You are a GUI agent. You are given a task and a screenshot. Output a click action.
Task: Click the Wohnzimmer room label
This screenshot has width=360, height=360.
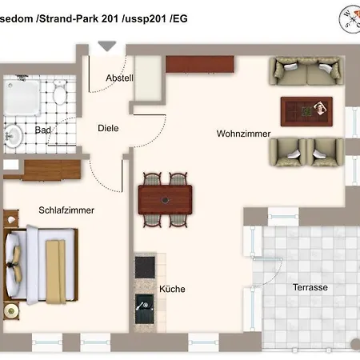(x=243, y=134)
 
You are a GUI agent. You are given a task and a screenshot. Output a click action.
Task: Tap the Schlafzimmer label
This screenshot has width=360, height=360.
(x=66, y=210)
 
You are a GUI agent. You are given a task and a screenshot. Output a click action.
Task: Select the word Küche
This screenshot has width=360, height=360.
(x=172, y=289)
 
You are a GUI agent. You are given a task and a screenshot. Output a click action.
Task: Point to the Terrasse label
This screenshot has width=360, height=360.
(x=310, y=287)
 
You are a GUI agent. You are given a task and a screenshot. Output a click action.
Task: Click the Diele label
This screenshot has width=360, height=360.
(x=108, y=128)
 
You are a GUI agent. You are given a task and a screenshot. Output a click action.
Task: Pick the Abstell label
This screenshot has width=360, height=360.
(x=119, y=78)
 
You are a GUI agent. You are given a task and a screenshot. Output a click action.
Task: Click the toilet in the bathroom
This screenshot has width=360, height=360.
(x=60, y=92)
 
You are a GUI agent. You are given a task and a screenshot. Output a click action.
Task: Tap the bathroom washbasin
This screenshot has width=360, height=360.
(x=13, y=136)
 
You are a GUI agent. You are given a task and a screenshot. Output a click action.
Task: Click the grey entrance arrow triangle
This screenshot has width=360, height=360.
(x=107, y=46)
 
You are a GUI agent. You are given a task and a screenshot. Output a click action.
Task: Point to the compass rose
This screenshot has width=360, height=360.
(x=350, y=19)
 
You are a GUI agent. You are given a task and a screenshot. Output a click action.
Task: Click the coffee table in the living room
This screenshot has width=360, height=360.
(x=306, y=112)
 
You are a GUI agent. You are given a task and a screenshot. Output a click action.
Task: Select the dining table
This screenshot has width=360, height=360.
(x=165, y=200)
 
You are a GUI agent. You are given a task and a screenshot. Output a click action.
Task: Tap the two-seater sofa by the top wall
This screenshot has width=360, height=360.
(x=306, y=71)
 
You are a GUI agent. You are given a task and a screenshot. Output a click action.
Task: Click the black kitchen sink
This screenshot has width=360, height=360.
(x=145, y=309)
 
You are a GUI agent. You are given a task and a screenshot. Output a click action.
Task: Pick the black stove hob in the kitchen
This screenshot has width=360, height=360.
(x=145, y=267)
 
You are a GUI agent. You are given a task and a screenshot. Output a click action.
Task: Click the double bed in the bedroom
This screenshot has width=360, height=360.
(x=42, y=265)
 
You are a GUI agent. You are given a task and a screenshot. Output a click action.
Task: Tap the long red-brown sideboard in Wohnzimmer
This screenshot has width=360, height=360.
(x=200, y=64)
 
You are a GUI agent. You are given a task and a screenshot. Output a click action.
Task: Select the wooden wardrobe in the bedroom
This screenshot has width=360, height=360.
(x=52, y=170)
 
